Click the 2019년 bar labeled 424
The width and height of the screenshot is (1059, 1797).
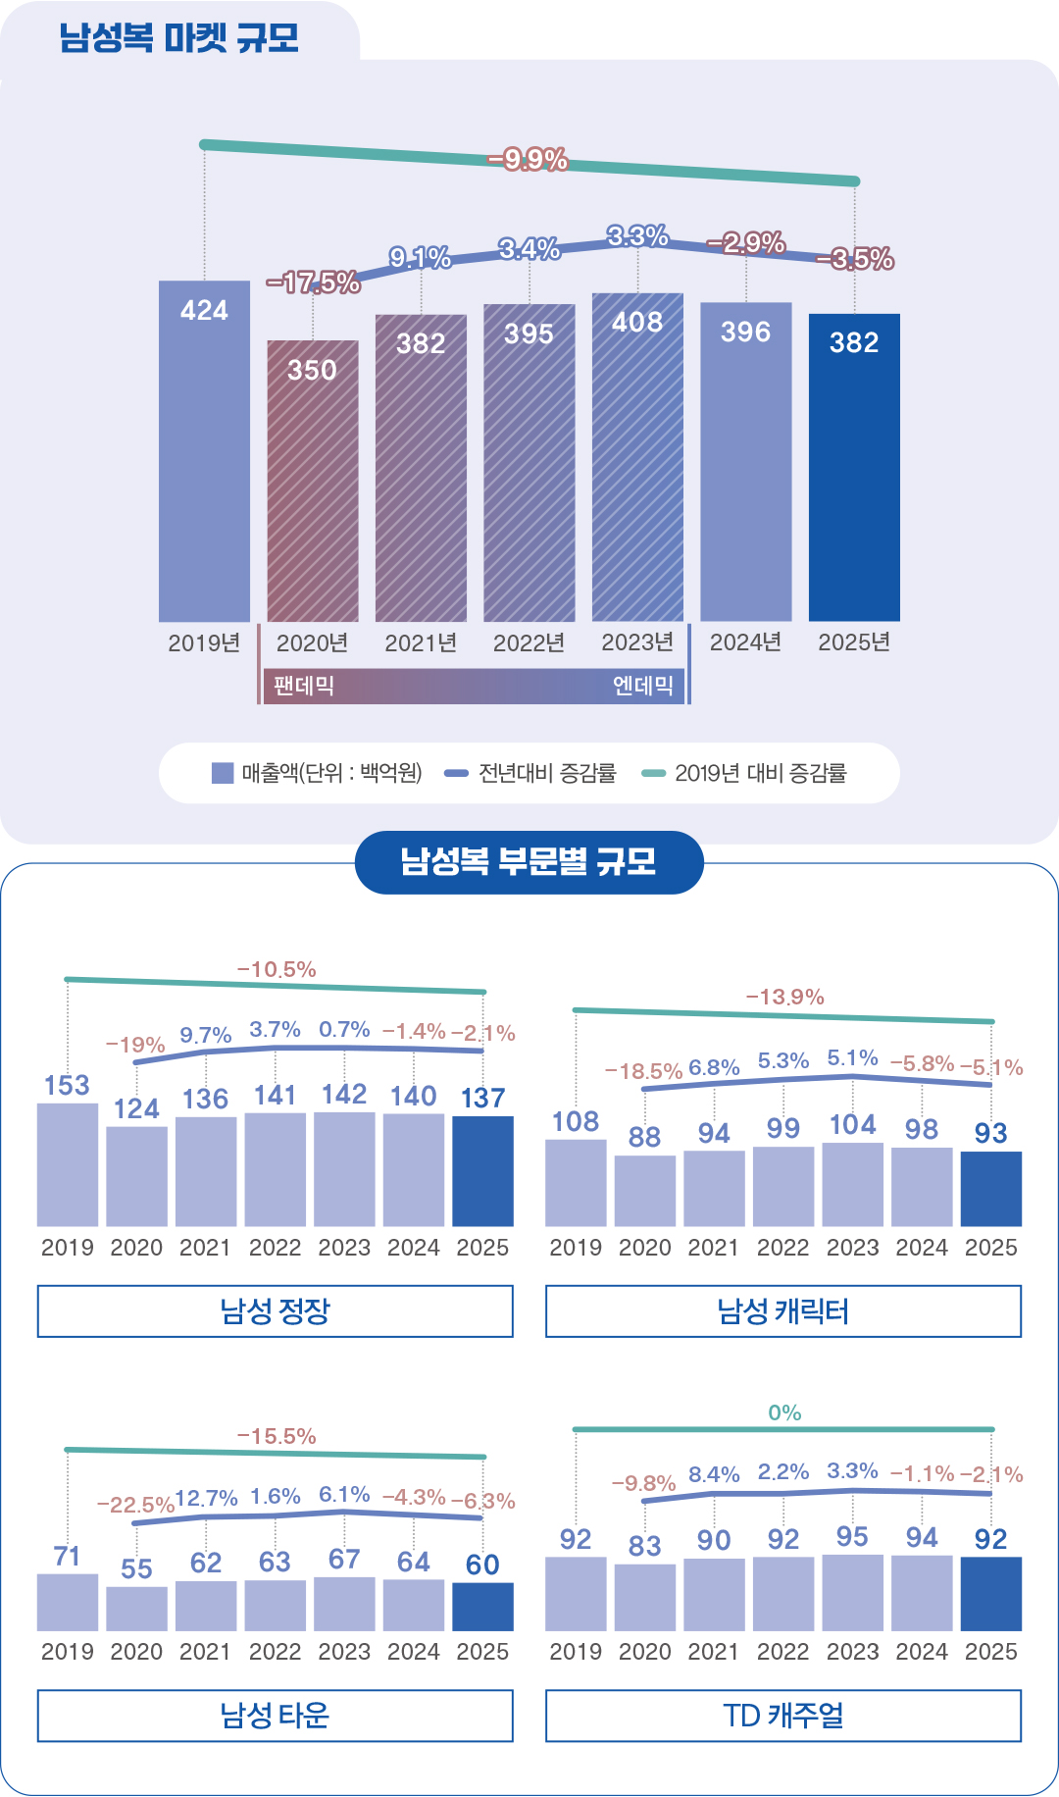click(x=204, y=451)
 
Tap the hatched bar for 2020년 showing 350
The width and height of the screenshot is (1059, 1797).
click(x=313, y=481)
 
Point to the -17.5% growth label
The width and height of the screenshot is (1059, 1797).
click(x=314, y=282)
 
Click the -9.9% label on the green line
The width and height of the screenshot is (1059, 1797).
click(x=529, y=159)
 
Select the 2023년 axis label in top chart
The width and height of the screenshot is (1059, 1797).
click(x=637, y=642)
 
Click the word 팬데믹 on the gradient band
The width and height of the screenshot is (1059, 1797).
click(x=304, y=686)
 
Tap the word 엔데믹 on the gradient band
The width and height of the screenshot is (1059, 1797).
click(x=643, y=686)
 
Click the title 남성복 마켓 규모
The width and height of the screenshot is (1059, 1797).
click(x=178, y=38)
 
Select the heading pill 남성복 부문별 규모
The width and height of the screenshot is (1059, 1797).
click(x=529, y=862)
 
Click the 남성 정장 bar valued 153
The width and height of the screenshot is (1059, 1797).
click(x=68, y=1164)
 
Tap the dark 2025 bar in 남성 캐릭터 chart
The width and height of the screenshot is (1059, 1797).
click(x=990, y=1189)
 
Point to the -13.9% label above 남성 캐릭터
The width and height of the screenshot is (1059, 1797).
click(x=784, y=998)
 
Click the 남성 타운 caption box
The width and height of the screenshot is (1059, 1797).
click(x=275, y=1716)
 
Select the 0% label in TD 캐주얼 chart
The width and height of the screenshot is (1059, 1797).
click(x=784, y=1412)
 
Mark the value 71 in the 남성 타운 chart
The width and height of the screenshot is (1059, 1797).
click(x=67, y=1557)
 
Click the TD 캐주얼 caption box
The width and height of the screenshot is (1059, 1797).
click(x=782, y=1716)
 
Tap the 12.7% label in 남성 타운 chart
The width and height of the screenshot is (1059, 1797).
click(x=206, y=1498)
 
